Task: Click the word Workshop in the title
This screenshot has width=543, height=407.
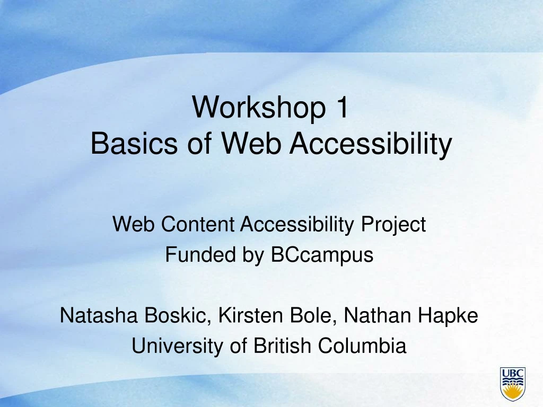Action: click(x=259, y=107)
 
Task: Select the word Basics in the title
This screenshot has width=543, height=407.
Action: click(x=134, y=143)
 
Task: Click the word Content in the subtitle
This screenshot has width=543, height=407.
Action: click(x=198, y=224)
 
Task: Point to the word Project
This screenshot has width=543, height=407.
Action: click(x=393, y=225)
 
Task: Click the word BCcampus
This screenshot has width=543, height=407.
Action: click(x=322, y=255)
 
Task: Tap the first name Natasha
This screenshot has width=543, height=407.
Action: click(x=99, y=315)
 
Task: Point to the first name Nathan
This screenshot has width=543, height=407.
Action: click(x=377, y=315)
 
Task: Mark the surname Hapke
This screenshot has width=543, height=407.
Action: click(x=448, y=316)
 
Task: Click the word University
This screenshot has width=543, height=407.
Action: click(x=177, y=346)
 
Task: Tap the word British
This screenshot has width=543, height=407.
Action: click(x=282, y=346)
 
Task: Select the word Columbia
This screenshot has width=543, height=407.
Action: click(x=362, y=346)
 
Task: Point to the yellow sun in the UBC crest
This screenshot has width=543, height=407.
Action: click(x=513, y=393)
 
